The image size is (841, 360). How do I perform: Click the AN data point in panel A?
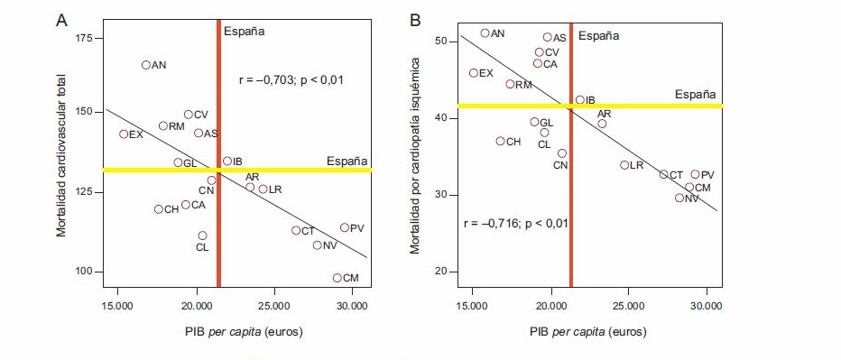click(x=146, y=65)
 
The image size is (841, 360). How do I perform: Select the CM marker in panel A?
click(x=337, y=278)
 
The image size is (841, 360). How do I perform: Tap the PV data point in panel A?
click(x=345, y=227)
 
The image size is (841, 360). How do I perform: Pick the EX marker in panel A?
click(x=124, y=134)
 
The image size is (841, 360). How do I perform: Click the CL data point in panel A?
click(x=202, y=235)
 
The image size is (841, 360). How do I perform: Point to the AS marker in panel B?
click(x=548, y=38)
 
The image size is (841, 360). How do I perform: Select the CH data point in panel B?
click(x=501, y=141)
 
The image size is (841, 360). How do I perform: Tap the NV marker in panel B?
click(x=679, y=198)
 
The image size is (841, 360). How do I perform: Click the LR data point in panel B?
click(x=624, y=165)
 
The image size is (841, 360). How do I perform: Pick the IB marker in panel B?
click(x=580, y=100)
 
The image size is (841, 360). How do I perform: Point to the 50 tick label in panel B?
click(x=441, y=42)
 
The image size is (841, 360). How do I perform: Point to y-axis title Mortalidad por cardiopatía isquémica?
click(x=415, y=155)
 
